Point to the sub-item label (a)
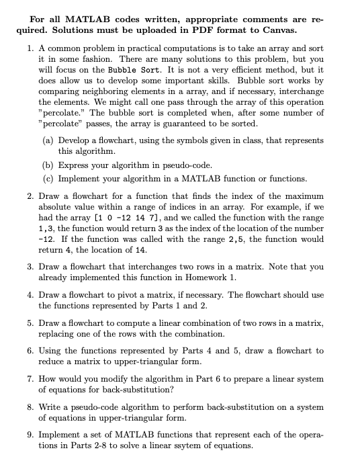[x=49, y=140]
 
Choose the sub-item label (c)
[x=49, y=178]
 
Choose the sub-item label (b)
[x=49, y=165]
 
